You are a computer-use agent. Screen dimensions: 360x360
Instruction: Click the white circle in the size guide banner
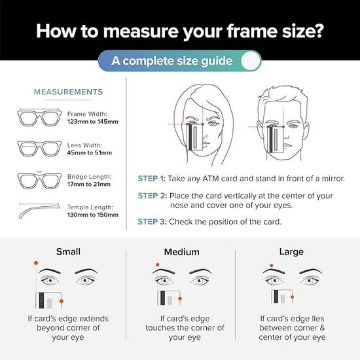[x=250, y=62]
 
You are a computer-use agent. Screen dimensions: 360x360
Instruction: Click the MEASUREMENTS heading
[x=68, y=92]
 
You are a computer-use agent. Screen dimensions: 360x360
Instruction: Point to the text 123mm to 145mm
[x=92, y=122]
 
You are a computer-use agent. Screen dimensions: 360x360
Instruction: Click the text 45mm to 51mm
[x=89, y=153]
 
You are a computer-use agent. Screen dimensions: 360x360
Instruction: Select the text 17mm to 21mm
[x=89, y=185]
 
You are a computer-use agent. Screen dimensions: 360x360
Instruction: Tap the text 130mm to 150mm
[x=92, y=215]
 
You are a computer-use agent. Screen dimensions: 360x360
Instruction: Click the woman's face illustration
[x=200, y=121]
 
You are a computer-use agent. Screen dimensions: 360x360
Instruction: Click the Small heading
[x=68, y=251]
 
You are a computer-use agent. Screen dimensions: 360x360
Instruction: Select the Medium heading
[x=181, y=252]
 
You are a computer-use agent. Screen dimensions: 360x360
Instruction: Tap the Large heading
[x=291, y=251]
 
